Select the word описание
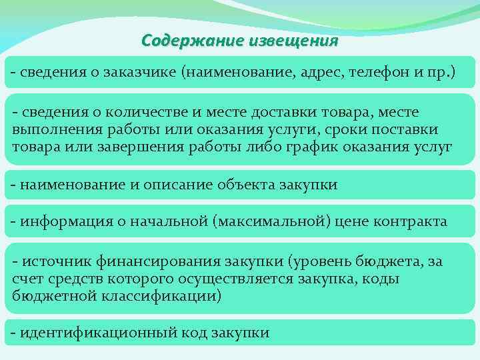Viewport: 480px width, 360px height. (x=171, y=185)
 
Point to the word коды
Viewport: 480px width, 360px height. (x=379, y=279)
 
